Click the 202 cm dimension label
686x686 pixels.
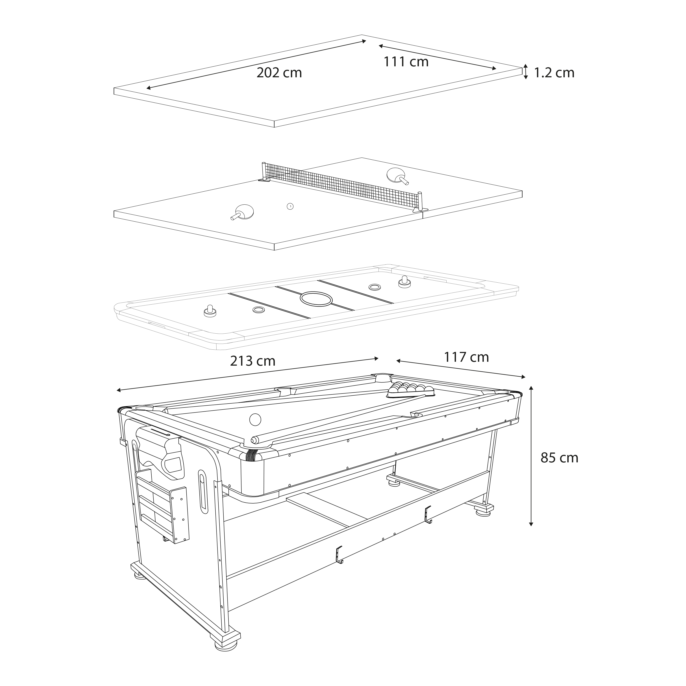coord(279,73)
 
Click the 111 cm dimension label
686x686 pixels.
coord(406,62)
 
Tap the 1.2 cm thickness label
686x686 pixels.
coord(554,72)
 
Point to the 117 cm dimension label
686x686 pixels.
coord(466,357)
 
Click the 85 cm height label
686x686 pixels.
coord(559,458)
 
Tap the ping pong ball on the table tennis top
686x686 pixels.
coord(290,206)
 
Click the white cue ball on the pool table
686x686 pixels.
coord(255,419)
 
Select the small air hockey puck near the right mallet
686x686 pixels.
coord(374,286)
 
